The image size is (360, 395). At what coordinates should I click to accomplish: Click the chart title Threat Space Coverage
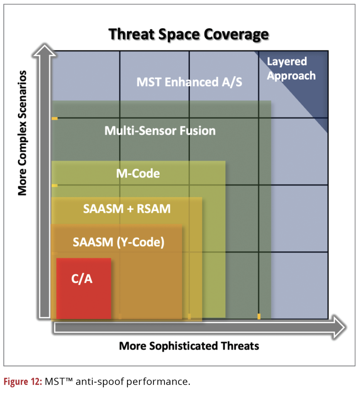pyautogui.click(x=188, y=34)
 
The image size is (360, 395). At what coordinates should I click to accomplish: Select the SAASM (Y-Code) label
pyautogui.click(x=119, y=242)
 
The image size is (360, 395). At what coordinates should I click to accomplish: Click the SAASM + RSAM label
pyautogui.click(x=127, y=209)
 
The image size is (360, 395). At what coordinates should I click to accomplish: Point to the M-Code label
pyautogui.click(x=138, y=174)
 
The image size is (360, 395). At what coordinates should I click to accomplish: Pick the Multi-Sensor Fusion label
pyautogui.click(x=160, y=131)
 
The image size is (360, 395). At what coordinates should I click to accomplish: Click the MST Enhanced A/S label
pyautogui.click(x=189, y=82)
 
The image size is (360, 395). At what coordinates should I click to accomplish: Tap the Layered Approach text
pyautogui.click(x=291, y=68)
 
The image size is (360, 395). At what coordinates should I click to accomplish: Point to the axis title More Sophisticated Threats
pyautogui.click(x=189, y=346)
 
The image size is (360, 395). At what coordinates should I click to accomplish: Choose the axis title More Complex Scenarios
pyautogui.click(x=22, y=133)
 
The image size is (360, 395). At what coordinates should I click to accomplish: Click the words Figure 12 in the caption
pyautogui.click(x=22, y=382)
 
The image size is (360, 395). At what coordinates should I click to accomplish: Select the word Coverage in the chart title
pyautogui.click(x=236, y=34)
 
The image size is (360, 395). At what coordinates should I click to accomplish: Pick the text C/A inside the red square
pyautogui.click(x=82, y=279)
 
